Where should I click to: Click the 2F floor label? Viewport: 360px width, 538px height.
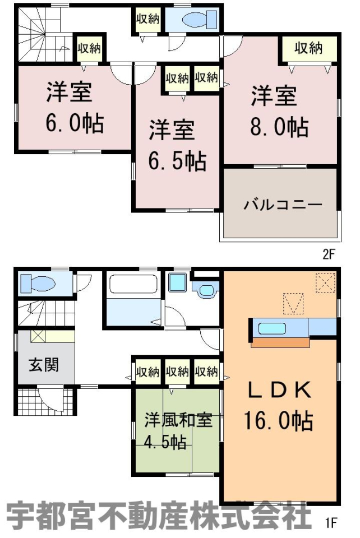tap(327, 254)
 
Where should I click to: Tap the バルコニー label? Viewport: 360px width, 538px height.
tap(283, 205)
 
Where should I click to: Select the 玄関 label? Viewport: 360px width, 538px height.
tap(44, 364)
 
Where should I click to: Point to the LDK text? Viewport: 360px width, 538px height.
tap(279, 390)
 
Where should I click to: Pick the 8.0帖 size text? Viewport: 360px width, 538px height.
tap(279, 127)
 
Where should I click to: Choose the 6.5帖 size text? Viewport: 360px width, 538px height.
tap(177, 161)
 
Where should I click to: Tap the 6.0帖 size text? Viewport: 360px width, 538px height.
tap(75, 123)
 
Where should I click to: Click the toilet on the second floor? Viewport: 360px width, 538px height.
tap(200, 19)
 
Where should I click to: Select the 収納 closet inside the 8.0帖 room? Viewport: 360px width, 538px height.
tap(308, 48)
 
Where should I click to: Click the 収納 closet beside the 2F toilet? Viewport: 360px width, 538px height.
tap(147, 19)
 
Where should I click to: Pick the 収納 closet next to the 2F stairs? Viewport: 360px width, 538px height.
tap(89, 48)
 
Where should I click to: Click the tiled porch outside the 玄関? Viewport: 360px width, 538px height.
tap(45, 400)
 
